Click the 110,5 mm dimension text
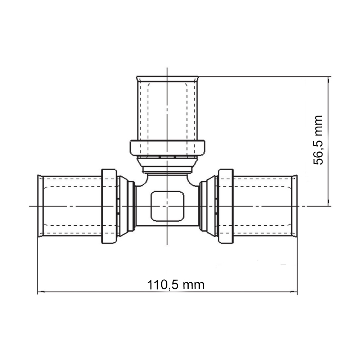pos(176,285)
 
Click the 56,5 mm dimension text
pos(318,140)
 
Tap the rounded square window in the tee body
pos(167,206)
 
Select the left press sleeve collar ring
pos(109,206)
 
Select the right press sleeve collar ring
pos(226,206)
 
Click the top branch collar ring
pos(167,148)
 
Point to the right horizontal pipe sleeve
pos(265,206)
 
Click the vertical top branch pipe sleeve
pos(167,108)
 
